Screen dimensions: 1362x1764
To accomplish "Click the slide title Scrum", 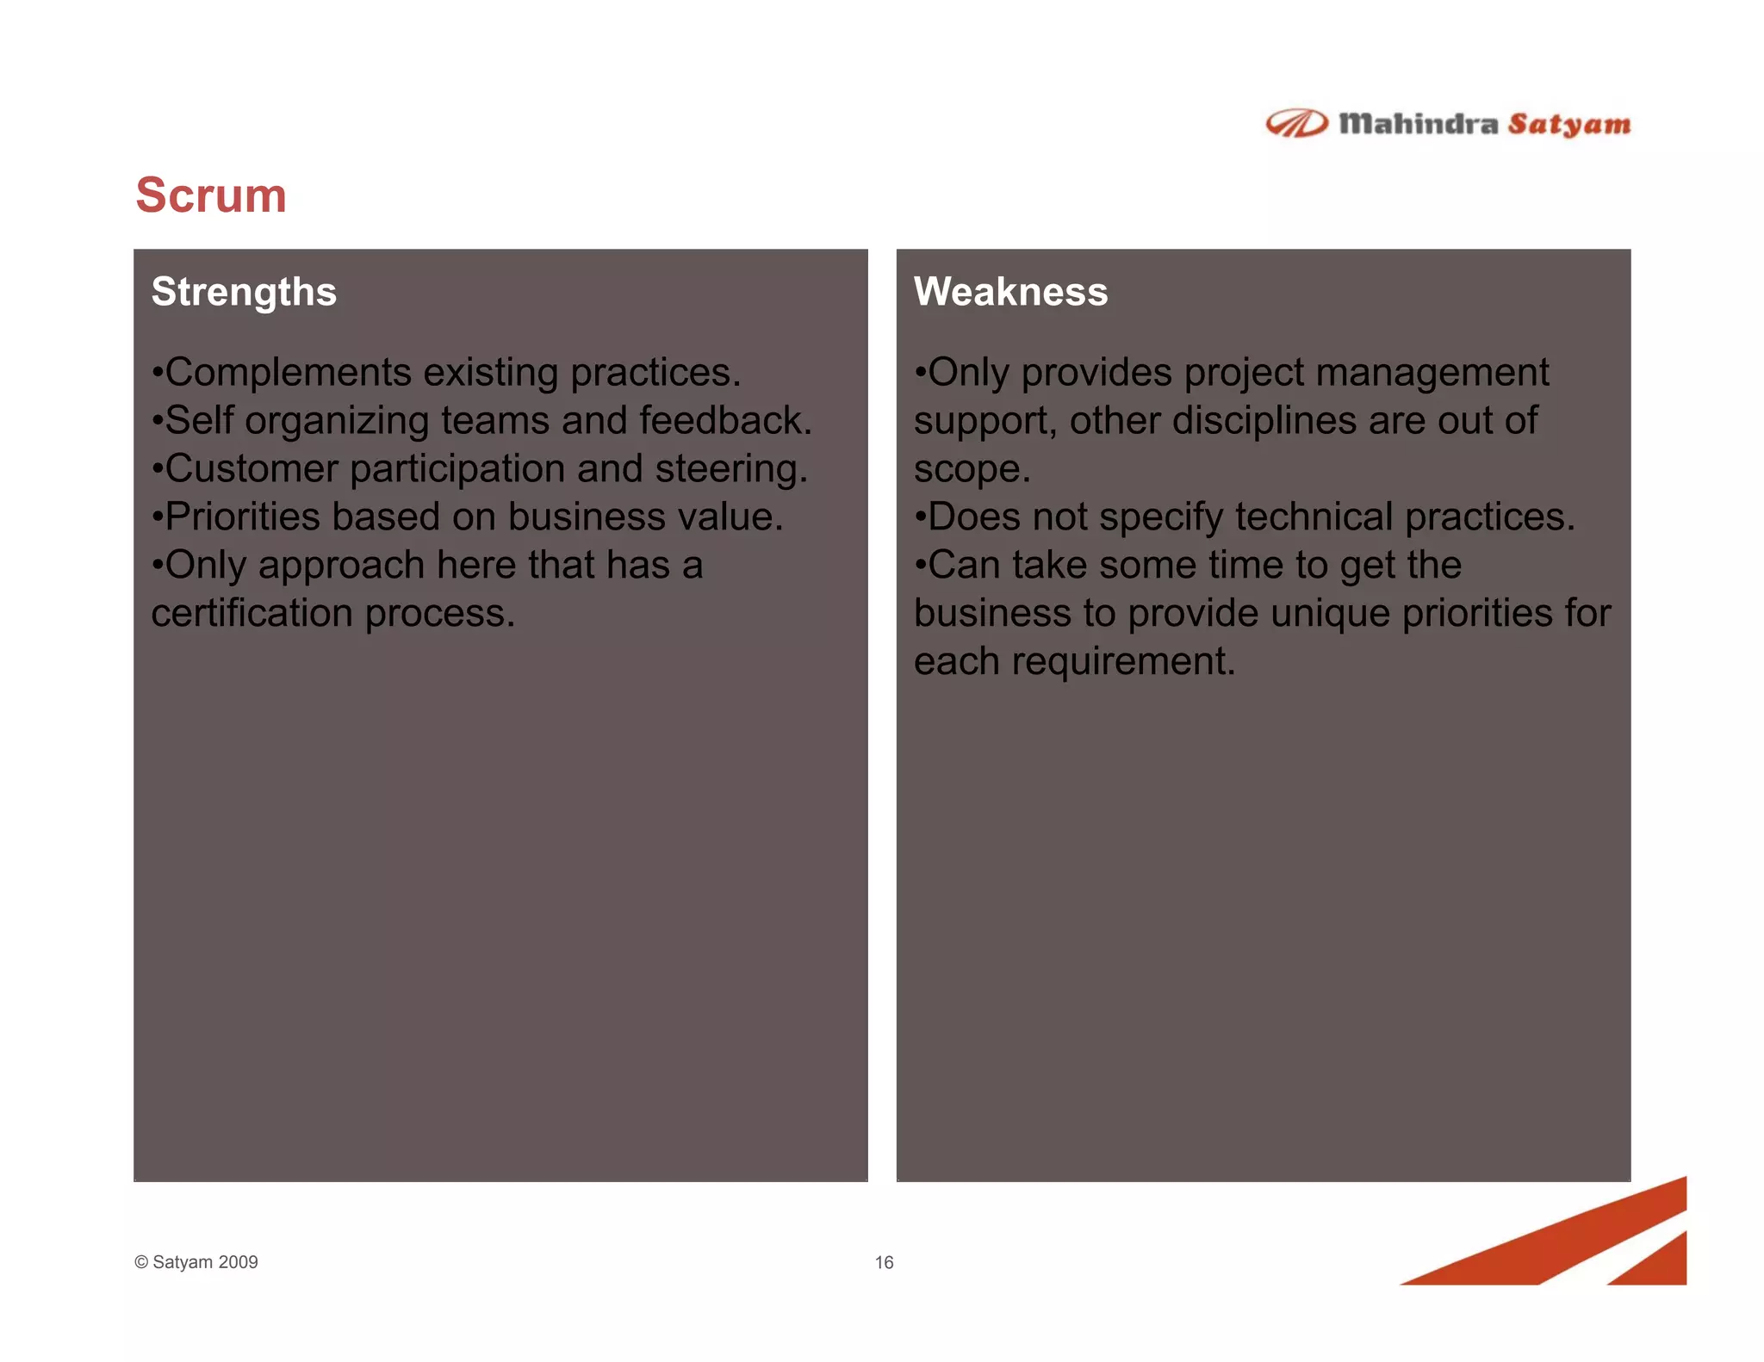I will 211,195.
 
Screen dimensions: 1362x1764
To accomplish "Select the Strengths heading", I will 244,292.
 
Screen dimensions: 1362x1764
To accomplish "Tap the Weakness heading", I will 1010,292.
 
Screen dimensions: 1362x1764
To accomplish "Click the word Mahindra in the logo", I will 1418,124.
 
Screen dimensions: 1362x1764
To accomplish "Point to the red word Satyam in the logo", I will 1568,125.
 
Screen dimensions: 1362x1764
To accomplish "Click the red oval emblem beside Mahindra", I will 1296,124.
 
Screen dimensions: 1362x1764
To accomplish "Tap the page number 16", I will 884,1262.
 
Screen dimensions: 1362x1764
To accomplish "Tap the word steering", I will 730,469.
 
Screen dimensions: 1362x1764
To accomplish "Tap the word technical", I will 1314,517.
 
